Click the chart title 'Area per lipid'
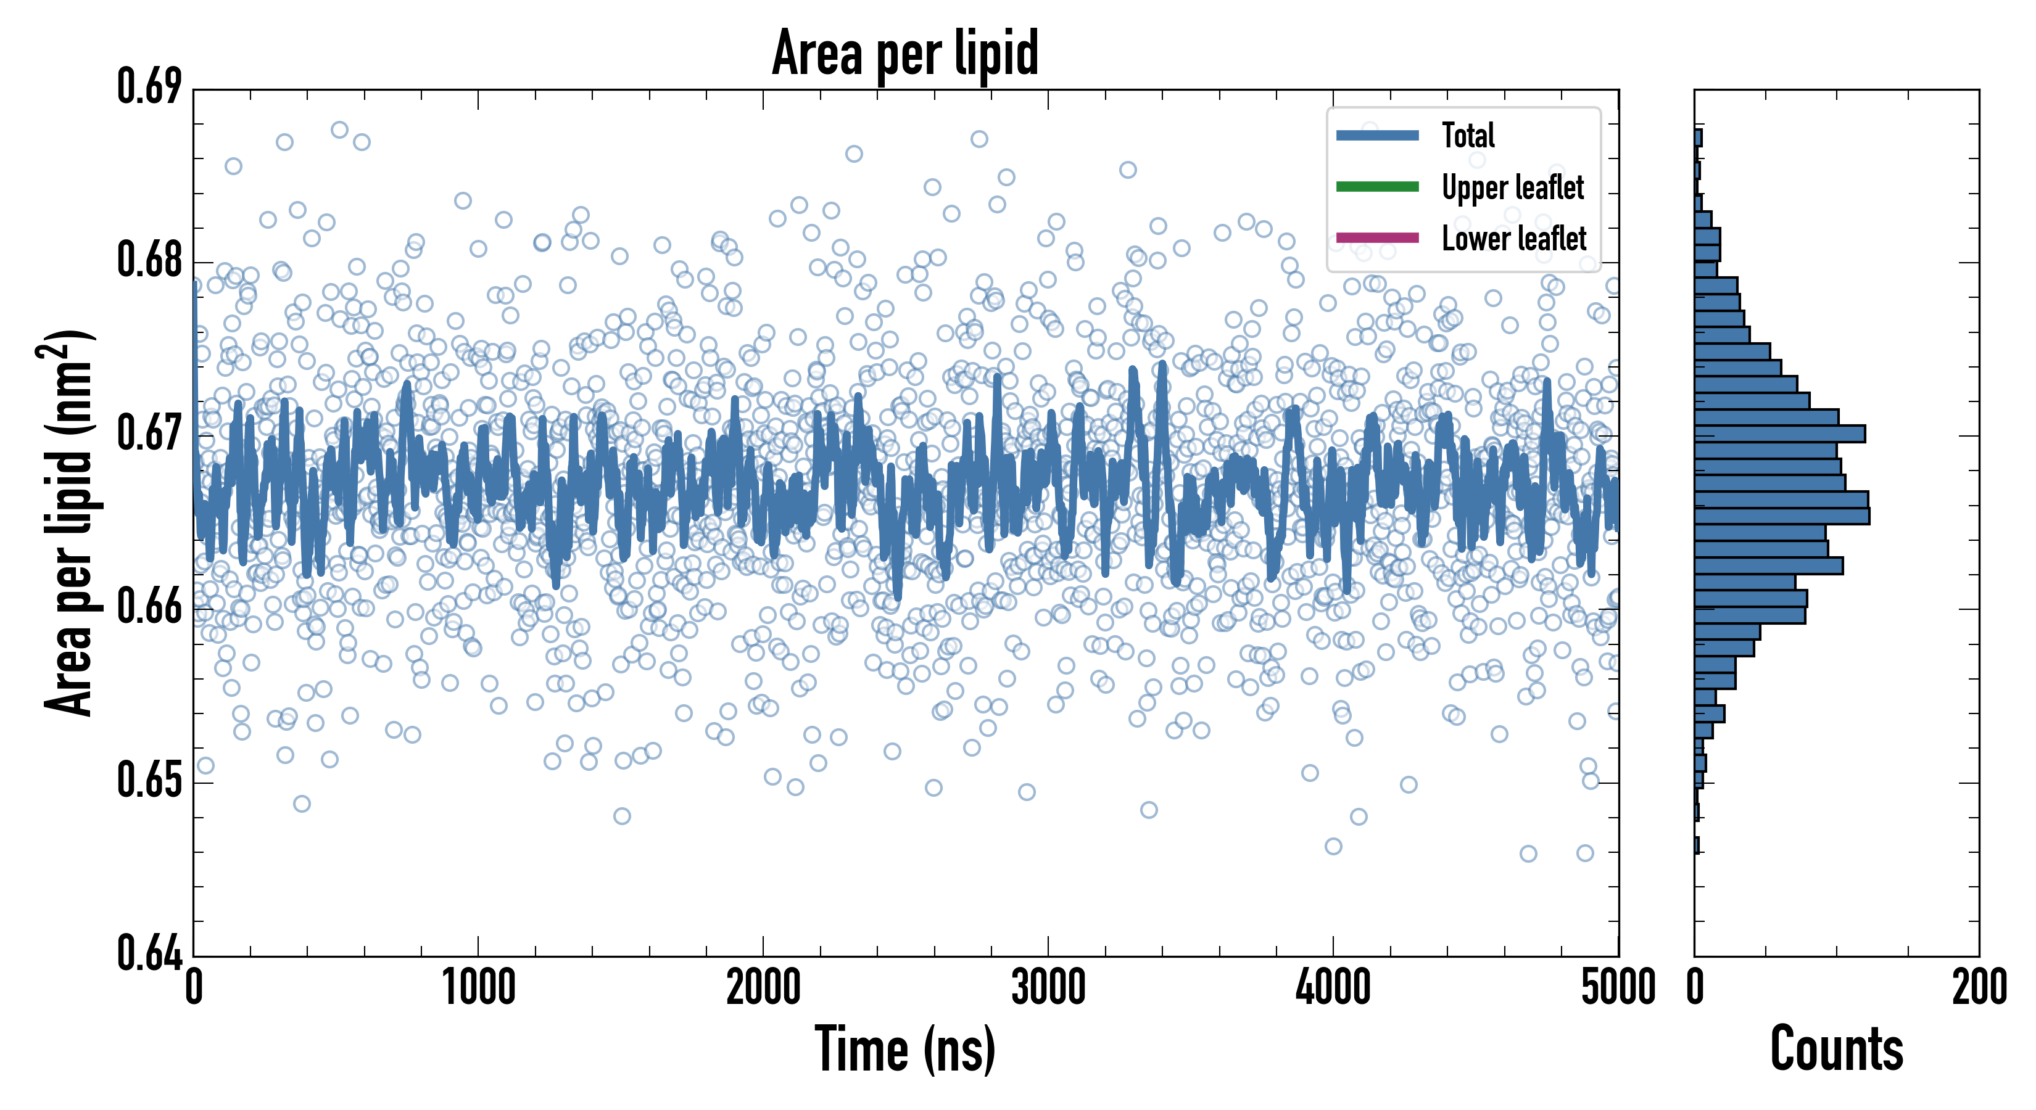click(x=905, y=53)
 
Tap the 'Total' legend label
click(x=1468, y=135)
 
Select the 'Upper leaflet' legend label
click(x=1512, y=187)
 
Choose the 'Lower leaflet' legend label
click(x=1513, y=239)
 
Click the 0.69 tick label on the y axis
click(x=149, y=87)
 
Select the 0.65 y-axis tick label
click(x=149, y=781)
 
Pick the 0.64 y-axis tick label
click(x=149, y=953)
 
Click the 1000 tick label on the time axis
click(x=478, y=987)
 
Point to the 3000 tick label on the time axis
click(x=1048, y=987)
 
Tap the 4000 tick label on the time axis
click(x=1333, y=987)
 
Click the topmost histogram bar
click(x=1698, y=138)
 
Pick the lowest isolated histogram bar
click(x=1696, y=845)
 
